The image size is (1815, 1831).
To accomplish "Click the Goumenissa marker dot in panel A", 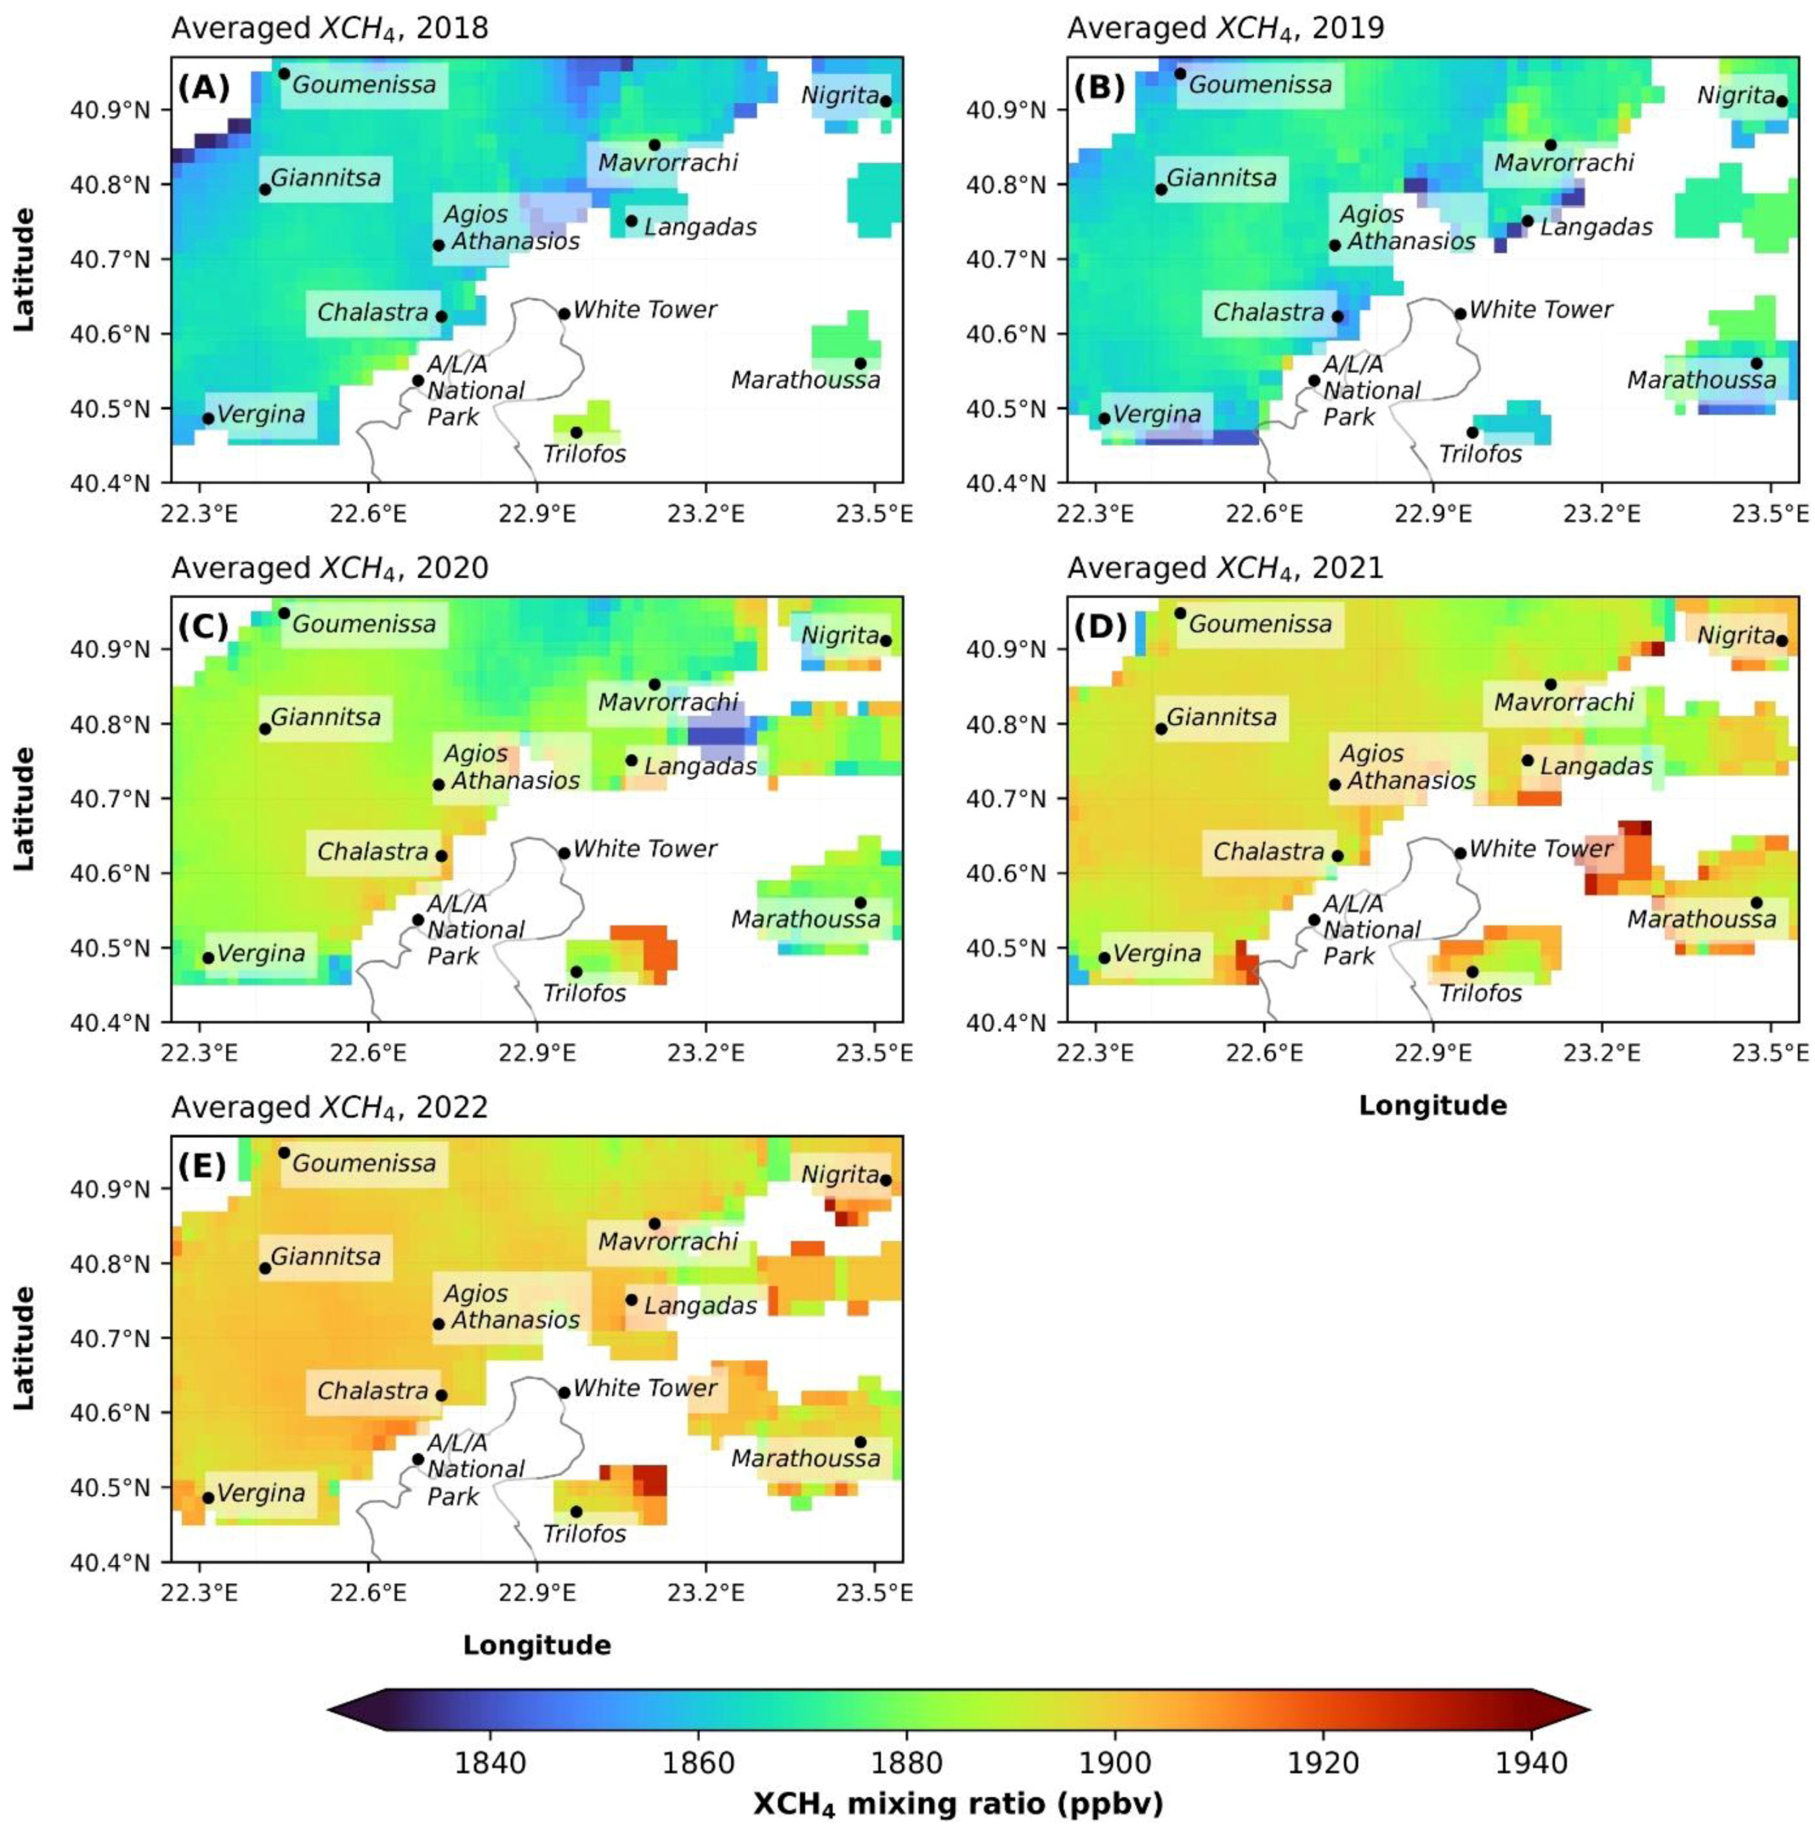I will pyautogui.click(x=283, y=73).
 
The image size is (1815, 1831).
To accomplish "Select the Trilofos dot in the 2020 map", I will pyautogui.click(x=575, y=971).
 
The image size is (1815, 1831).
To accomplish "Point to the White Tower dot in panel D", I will pyautogui.click(x=1460, y=853).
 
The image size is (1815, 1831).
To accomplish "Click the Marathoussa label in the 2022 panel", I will pyautogui.click(x=806, y=1458).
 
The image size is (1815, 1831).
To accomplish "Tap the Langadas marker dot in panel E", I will pyautogui.click(x=631, y=1299).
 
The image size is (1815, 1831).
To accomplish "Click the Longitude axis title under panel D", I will pyautogui.click(x=1432, y=1105).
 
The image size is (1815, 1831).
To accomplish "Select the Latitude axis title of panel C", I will pyautogui.click(x=25, y=809).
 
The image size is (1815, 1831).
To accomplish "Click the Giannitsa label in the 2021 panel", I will pyautogui.click(x=1221, y=717).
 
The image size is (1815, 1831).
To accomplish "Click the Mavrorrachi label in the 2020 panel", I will pyautogui.click(x=667, y=702).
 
